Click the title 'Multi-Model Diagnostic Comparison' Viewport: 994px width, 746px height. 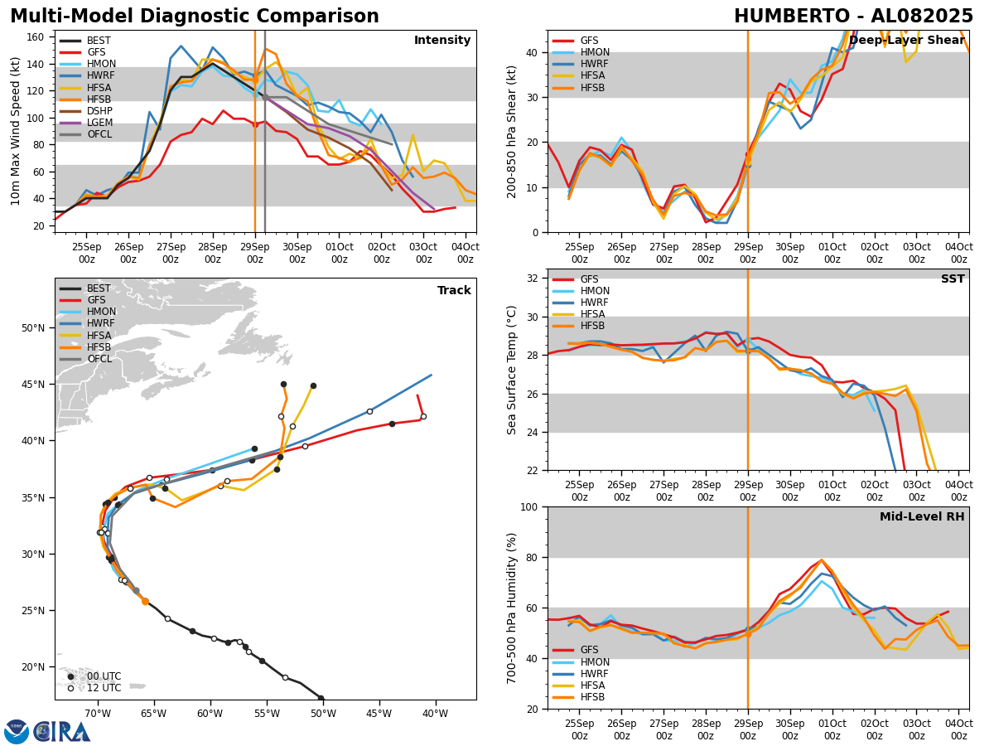point(194,17)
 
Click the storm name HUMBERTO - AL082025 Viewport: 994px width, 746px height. point(853,17)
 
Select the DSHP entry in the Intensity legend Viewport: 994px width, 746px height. point(99,110)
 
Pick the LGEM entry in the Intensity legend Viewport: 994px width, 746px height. point(99,122)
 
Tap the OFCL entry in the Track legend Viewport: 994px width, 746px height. point(99,358)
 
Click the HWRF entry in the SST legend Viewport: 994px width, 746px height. point(595,303)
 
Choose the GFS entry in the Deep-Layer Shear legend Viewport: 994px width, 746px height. point(590,41)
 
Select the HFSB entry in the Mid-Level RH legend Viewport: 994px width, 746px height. point(592,697)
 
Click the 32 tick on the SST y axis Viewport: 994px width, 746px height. point(533,279)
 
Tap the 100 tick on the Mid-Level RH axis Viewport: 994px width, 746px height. point(530,506)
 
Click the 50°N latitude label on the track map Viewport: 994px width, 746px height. point(33,328)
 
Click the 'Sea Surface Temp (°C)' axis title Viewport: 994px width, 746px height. point(512,370)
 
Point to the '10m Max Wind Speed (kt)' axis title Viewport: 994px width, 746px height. point(16,131)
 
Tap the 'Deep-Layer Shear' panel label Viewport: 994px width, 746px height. point(906,41)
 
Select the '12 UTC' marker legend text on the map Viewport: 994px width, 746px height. point(104,688)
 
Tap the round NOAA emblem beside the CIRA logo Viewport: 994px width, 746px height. point(17,731)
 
